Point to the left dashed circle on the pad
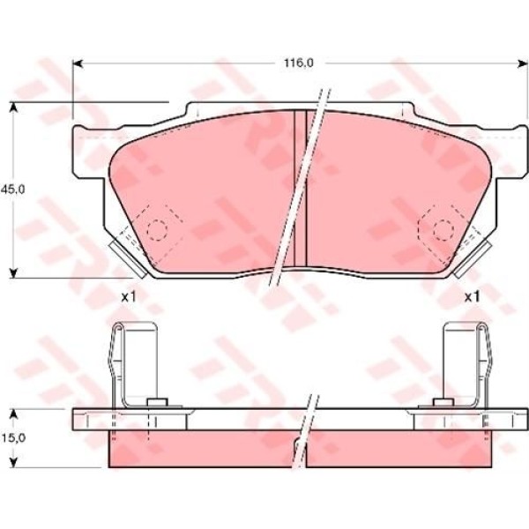click(x=156, y=229)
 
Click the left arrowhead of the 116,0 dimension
click(x=77, y=63)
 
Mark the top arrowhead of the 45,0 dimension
click(x=13, y=107)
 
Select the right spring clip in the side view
click(x=466, y=361)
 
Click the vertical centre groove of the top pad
click(x=300, y=190)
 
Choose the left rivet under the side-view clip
click(x=159, y=405)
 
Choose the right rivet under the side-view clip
click(x=437, y=405)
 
